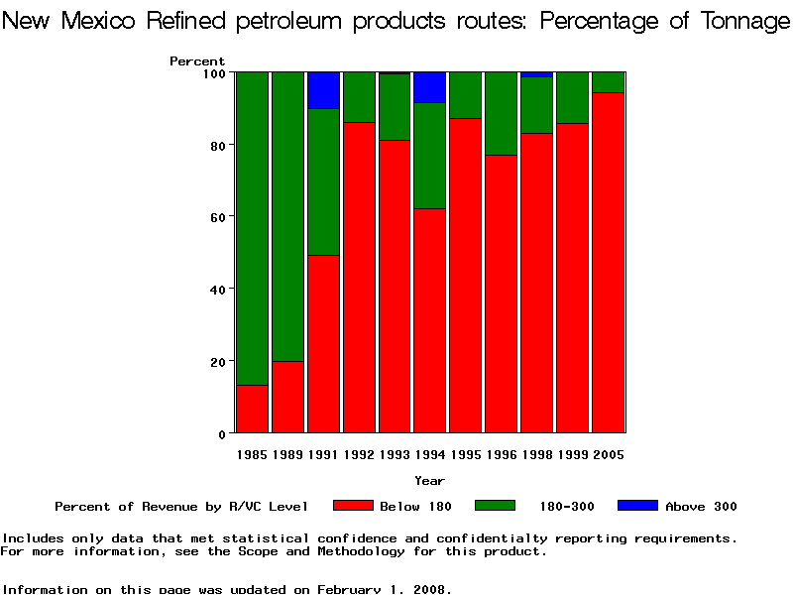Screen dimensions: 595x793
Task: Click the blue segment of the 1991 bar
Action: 323,90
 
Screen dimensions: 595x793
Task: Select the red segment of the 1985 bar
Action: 252,409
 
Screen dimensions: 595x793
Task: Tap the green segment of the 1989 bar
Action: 287,216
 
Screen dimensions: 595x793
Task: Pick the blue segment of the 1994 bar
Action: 429,87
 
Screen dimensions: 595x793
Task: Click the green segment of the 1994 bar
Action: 429,156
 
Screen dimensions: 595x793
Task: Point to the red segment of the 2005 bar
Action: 608,263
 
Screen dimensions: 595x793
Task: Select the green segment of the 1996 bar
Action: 501,113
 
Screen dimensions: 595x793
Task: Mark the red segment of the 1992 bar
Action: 359,278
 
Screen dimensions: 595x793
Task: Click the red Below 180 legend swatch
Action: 353,506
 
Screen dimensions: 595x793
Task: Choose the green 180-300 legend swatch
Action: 496,506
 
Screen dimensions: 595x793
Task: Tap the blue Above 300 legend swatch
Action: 637,506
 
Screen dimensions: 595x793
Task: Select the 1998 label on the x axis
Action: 536,455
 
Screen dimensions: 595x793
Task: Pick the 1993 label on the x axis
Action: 395,455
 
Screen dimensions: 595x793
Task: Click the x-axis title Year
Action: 429,481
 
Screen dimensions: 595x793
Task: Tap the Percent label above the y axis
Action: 197,61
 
